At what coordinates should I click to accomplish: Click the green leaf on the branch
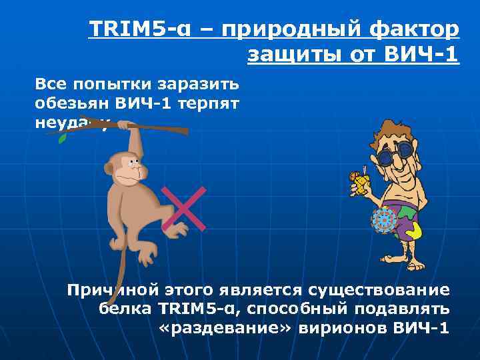(62, 139)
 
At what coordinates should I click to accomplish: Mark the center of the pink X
(183, 209)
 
